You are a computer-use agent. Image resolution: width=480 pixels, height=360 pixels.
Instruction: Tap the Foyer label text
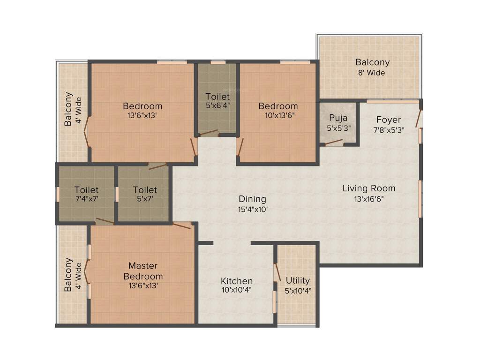tap(389, 120)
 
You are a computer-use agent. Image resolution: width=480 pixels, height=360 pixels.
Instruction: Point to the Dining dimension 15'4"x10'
tap(252, 210)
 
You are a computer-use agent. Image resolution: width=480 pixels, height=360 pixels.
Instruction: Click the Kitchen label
tap(237, 281)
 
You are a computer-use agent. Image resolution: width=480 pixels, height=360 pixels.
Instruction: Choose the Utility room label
tap(298, 280)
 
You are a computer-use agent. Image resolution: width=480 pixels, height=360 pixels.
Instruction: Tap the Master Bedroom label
tap(146, 271)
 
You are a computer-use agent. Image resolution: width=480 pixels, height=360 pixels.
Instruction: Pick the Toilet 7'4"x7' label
tap(87, 190)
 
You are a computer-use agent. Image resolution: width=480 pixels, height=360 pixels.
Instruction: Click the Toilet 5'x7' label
tap(145, 190)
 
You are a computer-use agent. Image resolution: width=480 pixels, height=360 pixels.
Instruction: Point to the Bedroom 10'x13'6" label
tap(278, 106)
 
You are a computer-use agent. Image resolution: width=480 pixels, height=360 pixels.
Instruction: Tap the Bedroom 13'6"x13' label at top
tap(142, 106)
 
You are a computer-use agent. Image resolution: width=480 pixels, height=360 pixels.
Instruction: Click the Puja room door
tap(334, 142)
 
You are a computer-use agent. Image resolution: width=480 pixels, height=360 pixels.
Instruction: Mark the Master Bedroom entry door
tap(181, 225)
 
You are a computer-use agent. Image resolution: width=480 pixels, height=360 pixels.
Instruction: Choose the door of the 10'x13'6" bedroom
tap(240, 146)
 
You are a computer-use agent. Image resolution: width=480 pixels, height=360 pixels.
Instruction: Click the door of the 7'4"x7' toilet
tap(105, 221)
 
